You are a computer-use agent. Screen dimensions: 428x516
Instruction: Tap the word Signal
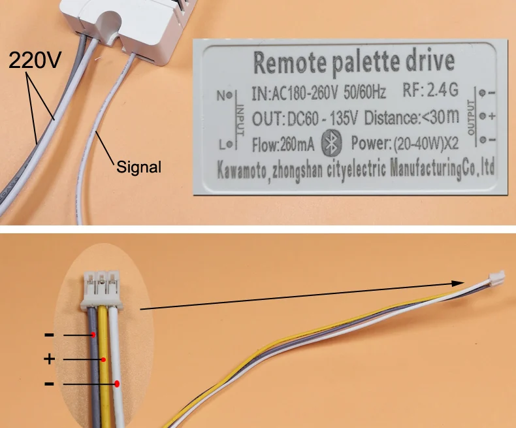[138, 167]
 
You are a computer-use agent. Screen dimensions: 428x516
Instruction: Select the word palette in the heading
[366, 63]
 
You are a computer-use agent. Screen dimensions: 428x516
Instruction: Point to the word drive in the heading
[430, 62]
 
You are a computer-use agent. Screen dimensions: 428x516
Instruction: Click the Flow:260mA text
[283, 142]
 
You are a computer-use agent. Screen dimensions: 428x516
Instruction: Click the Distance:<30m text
[411, 118]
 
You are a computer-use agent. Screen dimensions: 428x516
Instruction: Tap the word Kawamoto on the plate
[244, 171]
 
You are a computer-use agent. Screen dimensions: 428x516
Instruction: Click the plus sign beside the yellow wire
[49, 359]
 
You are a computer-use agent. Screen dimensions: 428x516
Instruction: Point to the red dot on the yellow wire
[103, 359]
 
